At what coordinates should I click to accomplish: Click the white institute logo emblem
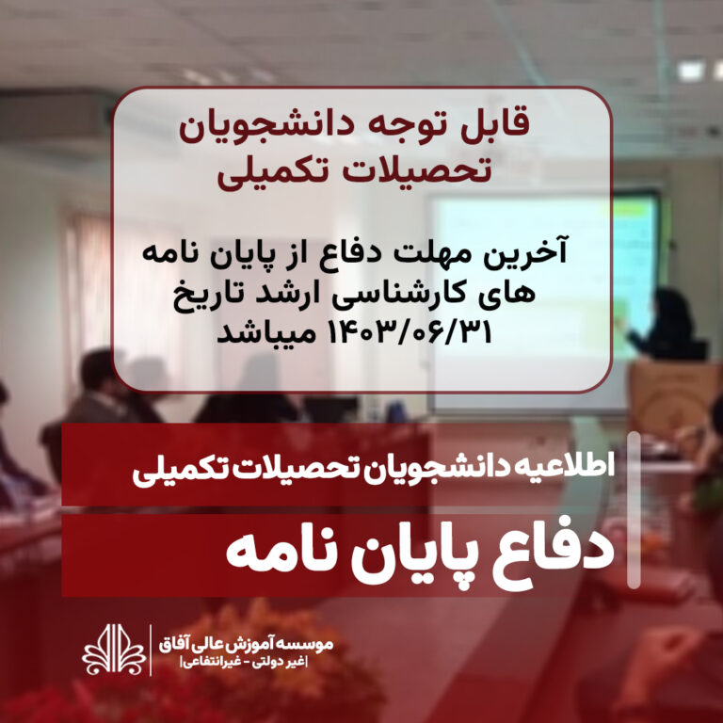(x=114, y=650)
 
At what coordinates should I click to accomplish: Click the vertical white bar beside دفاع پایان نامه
(x=634, y=510)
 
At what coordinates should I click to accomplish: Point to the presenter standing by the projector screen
(x=667, y=324)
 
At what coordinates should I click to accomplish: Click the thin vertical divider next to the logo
(x=151, y=651)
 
